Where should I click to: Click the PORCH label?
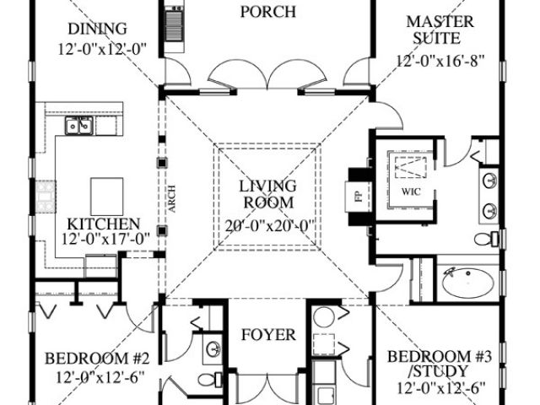[268, 12]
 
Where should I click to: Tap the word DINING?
[98, 29]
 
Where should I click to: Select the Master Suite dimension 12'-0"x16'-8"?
[440, 61]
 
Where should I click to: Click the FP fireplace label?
[359, 197]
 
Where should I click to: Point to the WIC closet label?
[411, 192]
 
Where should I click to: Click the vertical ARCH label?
[172, 199]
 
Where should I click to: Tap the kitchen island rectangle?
[107, 197]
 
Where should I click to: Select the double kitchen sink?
[79, 126]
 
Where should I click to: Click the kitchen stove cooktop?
[45, 197]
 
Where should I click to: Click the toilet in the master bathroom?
[486, 239]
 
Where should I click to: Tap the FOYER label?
[268, 335]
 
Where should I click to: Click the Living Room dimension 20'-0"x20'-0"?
[270, 226]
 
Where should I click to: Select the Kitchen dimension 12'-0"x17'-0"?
[105, 239]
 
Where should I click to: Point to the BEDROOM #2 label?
[97, 359]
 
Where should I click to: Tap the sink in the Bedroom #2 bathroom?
[213, 348]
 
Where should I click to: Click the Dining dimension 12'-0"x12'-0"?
[102, 49]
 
